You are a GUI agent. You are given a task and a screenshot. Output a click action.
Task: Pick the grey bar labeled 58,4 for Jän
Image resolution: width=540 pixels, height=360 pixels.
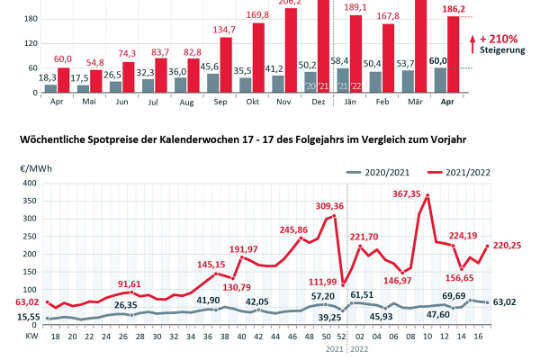coord(342,81)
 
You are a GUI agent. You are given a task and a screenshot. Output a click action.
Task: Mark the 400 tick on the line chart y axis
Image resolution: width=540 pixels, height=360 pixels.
coord(26,186)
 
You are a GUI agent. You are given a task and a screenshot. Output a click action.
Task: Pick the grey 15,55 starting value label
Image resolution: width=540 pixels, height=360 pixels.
coord(29,316)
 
